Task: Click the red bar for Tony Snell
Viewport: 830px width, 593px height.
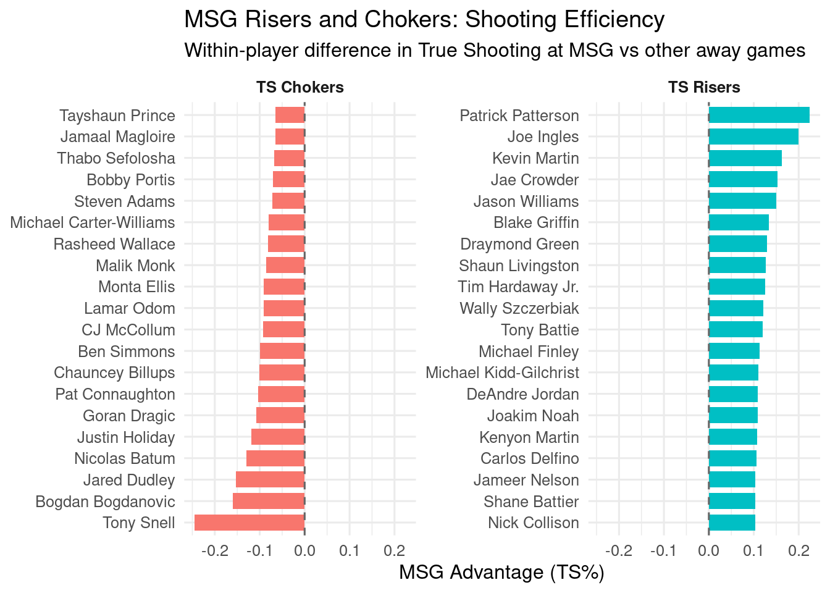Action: tap(249, 523)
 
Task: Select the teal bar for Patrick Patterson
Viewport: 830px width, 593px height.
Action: tap(759, 116)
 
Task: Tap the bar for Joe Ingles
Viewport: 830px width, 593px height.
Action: tap(753, 137)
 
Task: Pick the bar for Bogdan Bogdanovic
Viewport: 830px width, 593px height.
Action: tap(269, 501)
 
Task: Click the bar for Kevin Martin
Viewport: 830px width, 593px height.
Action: tap(745, 158)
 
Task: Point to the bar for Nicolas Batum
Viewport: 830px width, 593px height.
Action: tap(275, 458)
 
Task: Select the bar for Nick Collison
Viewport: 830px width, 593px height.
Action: tap(732, 523)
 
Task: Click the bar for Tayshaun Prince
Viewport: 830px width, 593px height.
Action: tap(290, 116)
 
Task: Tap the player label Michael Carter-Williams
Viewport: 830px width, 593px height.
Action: tap(93, 222)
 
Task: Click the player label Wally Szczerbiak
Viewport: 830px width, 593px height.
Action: tap(519, 308)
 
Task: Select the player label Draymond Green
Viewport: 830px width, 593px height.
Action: tap(519, 244)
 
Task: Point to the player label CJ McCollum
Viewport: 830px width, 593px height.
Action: tap(128, 330)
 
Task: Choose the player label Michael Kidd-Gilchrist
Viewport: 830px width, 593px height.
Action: tap(502, 372)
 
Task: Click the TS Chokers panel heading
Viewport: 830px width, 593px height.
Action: tap(300, 87)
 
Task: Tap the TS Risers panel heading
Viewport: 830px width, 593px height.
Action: tap(704, 87)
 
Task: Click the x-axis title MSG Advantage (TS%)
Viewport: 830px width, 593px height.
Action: tap(501, 572)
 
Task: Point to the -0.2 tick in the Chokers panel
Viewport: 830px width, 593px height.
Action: tap(214, 550)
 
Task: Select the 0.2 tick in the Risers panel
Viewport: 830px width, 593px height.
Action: tap(799, 550)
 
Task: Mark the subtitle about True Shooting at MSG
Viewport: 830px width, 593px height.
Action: tap(495, 50)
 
